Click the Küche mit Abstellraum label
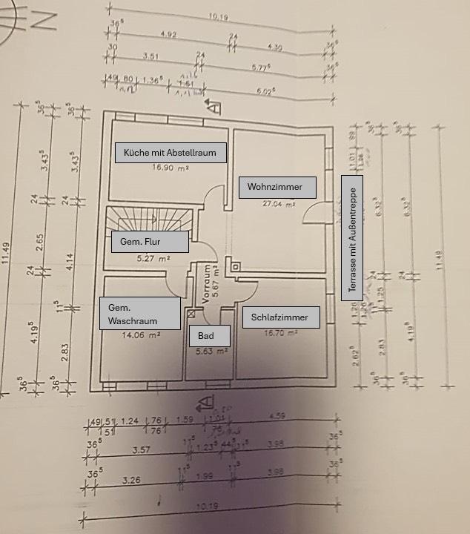point(171,153)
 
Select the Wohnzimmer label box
point(277,187)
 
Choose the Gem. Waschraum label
point(140,314)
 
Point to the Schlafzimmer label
point(280,317)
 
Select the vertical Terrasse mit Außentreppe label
point(351,238)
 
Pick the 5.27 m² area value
point(153,259)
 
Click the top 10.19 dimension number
point(217,15)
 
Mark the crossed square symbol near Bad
point(193,314)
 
